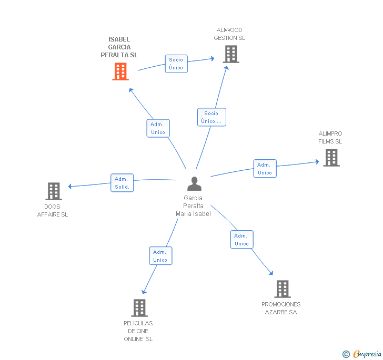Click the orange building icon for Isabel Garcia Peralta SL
pos(120,71)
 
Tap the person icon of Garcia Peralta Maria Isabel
pos(195,184)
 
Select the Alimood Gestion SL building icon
pos(230,54)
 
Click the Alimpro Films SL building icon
pos(331,158)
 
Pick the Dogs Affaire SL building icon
pos(53,191)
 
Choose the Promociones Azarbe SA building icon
pos(283,289)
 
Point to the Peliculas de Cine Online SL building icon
pos(139,308)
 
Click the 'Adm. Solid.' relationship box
pos(122,183)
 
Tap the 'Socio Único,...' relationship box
pos(211,117)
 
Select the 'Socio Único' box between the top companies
pos(176,64)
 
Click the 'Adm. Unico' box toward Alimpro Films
pos(265,169)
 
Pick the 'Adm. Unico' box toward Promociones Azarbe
pos(241,240)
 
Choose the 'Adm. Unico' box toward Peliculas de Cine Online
pos(160,256)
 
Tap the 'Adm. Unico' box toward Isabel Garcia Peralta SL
pos(158,128)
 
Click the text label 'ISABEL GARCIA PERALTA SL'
pos(119,47)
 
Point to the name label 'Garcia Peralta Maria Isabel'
pos(193,206)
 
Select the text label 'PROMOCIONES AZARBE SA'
pos(281,308)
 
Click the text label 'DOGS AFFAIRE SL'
pos(53,210)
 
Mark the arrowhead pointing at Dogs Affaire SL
pos(70,186)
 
